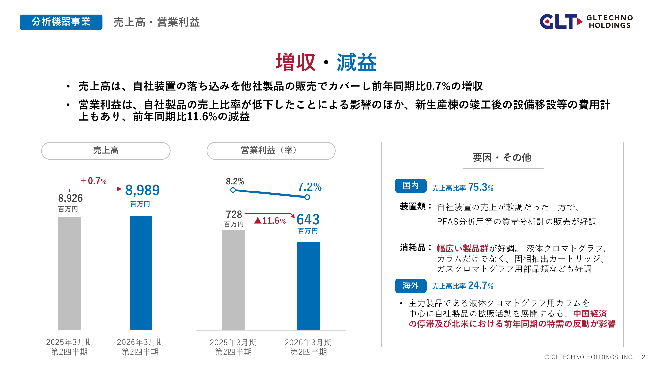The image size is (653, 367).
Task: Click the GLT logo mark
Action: click(560, 22)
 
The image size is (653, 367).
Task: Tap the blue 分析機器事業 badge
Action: click(61, 22)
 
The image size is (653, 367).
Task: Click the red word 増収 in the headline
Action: click(295, 62)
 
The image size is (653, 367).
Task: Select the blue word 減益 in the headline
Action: click(356, 62)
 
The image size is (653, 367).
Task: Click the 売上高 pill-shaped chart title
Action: click(106, 150)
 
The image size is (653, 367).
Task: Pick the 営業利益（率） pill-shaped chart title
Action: click(271, 150)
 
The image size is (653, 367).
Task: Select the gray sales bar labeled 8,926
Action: click(70, 273)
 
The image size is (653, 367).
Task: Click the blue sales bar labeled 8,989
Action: click(140, 273)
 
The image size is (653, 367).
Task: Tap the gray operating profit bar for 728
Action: click(233, 280)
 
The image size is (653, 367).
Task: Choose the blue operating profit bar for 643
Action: click(308, 286)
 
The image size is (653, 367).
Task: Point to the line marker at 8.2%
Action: click(233, 190)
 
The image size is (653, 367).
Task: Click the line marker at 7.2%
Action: click(307, 197)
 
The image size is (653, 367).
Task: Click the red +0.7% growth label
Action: click(94, 181)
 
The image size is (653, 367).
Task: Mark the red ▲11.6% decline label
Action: click(270, 221)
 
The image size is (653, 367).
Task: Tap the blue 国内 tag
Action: click(410, 186)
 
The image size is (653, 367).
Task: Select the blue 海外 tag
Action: click(410, 286)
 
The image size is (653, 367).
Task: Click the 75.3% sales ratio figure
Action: click(480, 187)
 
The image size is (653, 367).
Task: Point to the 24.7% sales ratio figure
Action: click(480, 285)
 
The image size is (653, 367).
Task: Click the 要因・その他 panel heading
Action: click(502, 158)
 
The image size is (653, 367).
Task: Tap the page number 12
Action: click(641, 357)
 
